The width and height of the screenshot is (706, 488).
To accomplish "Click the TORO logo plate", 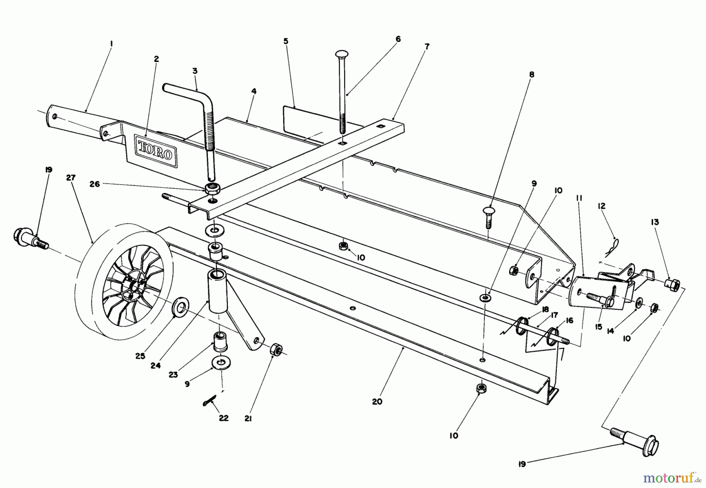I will [x=155, y=150].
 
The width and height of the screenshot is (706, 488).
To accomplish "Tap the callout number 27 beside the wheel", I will [x=71, y=178].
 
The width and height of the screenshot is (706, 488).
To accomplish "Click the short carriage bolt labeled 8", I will [x=488, y=217].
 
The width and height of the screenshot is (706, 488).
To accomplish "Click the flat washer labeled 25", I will [x=182, y=307].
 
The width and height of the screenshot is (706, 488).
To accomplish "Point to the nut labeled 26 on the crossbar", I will [x=212, y=188].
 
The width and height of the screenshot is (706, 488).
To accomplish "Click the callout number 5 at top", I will [x=286, y=41].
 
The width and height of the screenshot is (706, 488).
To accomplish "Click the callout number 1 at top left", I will [x=111, y=44].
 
